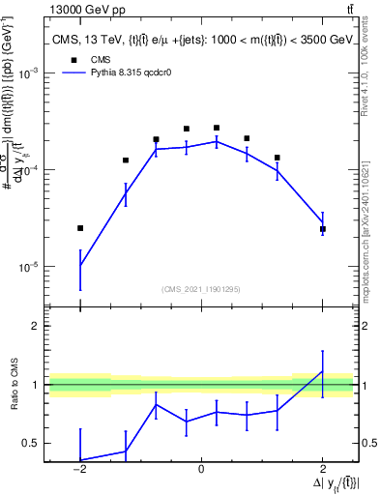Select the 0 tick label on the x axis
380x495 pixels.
click(x=201, y=469)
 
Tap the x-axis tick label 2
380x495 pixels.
click(x=323, y=469)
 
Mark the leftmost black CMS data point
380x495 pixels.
click(x=80, y=228)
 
